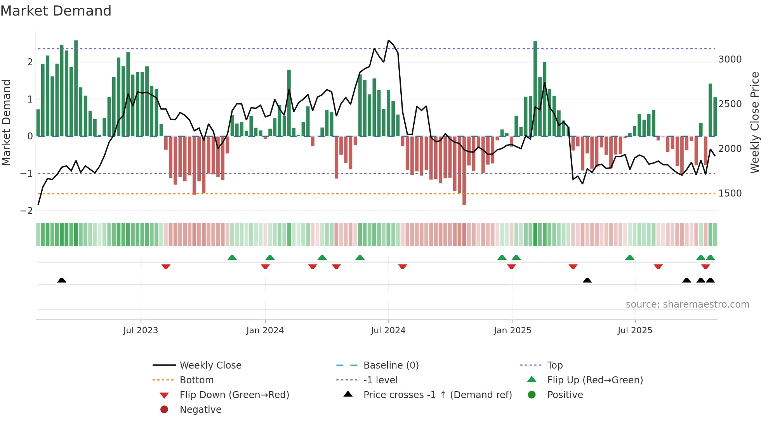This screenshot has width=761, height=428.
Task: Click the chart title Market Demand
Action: tap(56, 11)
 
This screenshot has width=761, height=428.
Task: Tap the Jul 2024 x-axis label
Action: tap(388, 331)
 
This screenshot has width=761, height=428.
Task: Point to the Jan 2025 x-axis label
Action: tap(512, 331)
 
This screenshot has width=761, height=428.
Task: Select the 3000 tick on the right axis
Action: tap(730, 59)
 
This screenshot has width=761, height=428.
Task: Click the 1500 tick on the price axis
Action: tap(730, 193)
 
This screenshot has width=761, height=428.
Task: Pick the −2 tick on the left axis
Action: tap(26, 211)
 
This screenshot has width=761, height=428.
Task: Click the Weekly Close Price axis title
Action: tap(754, 122)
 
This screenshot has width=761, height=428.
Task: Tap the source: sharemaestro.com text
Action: tap(687, 304)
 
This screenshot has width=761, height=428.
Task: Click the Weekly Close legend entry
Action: tap(210, 365)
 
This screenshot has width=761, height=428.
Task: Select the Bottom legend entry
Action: tap(196, 380)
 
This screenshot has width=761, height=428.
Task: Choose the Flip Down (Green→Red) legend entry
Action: tap(234, 395)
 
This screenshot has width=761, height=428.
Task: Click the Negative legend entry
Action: tap(200, 410)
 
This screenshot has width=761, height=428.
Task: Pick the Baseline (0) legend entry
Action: tap(391, 365)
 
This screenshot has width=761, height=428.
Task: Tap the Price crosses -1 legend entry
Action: tap(437, 395)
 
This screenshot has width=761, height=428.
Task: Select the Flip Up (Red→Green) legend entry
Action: tap(595, 380)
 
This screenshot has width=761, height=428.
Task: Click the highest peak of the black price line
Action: tap(388, 41)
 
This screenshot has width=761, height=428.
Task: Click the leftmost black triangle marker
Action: tap(62, 280)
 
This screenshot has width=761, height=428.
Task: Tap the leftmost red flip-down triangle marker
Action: tap(166, 267)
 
